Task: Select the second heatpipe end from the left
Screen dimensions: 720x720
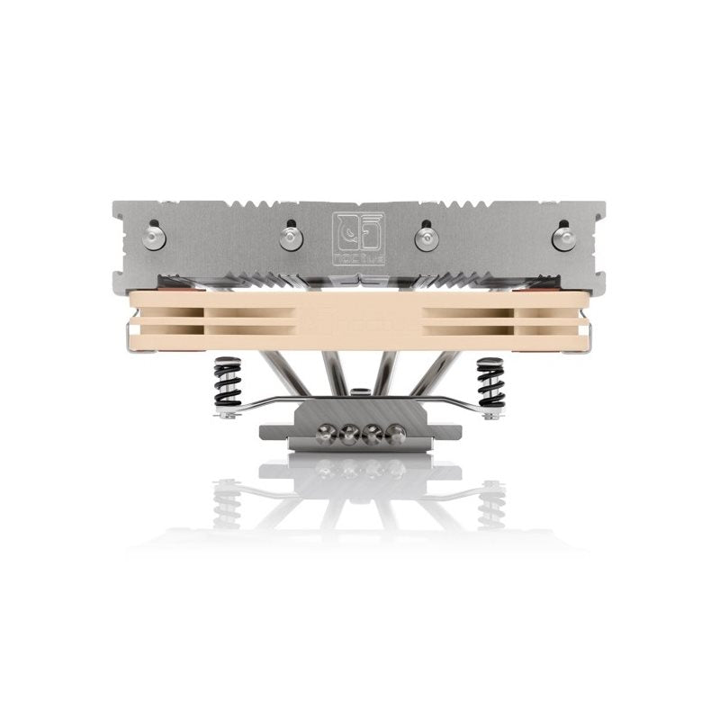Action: click(x=290, y=238)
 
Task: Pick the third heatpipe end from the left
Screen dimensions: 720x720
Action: click(x=426, y=238)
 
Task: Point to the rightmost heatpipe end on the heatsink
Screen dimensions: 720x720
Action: click(x=563, y=238)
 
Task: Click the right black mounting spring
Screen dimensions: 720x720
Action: click(x=490, y=382)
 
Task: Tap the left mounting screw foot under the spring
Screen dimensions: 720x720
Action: click(x=227, y=414)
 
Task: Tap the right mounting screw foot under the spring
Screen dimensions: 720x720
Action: click(x=491, y=414)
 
